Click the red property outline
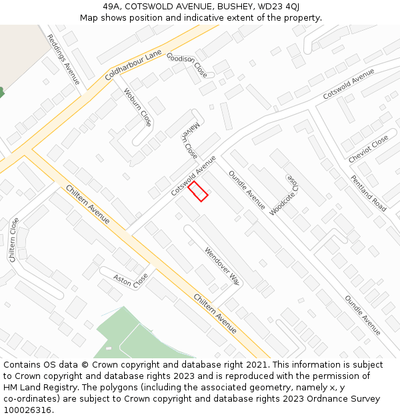pyautogui.click(x=197, y=191)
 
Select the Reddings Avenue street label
pyautogui.click(x=63, y=60)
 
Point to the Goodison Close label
pyautogui.click(x=187, y=65)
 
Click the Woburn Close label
pyautogui.click(x=138, y=107)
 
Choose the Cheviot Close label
pyautogui.click(x=368, y=149)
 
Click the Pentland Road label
pyautogui.click(x=369, y=193)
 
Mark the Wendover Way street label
pyautogui.click(x=222, y=266)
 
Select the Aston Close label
pyautogui.click(x=131, y=281)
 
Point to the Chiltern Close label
pyautogui.click(x=13, y=240)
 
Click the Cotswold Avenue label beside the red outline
pyautogui.click(x=193, y=175)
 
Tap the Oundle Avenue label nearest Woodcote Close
pyautogui.click(x=247, y=190)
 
